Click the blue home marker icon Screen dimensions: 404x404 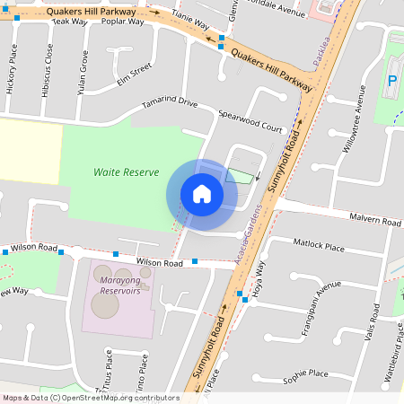coord(202,194)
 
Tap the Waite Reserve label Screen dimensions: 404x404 coord(127,172)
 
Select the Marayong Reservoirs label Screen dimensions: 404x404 coord(120,285)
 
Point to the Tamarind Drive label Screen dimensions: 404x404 coord(170,103)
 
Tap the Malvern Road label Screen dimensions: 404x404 coord(376,220)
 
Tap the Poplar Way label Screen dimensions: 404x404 coord(124,22)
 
